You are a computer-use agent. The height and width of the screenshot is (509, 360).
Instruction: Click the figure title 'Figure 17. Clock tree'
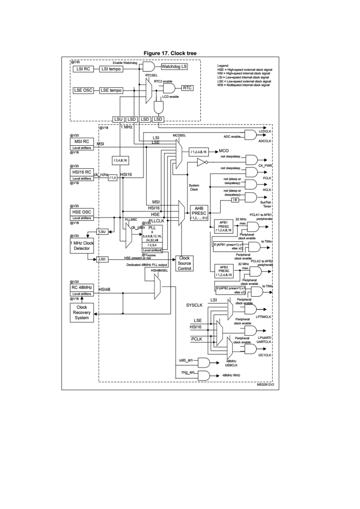tap(170, 53)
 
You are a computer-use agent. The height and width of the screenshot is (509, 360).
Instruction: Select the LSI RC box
tap(83, 69)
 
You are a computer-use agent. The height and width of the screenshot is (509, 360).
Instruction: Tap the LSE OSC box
tap(83, 91)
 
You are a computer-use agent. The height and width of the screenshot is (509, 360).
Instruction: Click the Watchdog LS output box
tap(174, 67)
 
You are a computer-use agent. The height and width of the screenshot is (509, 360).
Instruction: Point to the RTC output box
tap(187, 88)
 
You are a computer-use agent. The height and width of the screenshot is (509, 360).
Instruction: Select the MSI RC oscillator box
tap(81, 142)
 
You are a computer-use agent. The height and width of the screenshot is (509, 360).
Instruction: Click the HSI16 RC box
tap(81, 172)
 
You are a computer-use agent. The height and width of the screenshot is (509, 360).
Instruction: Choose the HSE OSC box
tap(81, 212)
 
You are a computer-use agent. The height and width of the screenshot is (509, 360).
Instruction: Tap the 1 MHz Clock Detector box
tap(82, 246)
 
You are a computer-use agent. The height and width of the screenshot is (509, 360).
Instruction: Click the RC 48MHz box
tap(81, 287)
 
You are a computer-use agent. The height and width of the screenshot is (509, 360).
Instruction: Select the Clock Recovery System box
tap(82, 312)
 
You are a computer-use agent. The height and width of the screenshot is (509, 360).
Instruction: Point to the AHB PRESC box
tap(199, 213)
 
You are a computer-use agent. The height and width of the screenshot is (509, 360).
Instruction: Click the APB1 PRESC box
tap(224, 226)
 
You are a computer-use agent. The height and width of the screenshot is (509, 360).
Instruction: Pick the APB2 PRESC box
tap(224, 271)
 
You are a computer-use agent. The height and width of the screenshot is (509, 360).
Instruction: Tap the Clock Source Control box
tap(185, 263)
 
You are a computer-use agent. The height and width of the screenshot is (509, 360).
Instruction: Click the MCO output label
tap(224, 151)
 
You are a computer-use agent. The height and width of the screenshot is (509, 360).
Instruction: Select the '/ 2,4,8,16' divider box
tap(120, 161)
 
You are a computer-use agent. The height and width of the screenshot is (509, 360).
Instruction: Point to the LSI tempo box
tap(111, 69)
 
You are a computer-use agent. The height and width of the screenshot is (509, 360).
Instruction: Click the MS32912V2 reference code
tap(265, 384)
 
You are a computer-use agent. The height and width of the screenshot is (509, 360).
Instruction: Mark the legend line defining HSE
tap(244, 70)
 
